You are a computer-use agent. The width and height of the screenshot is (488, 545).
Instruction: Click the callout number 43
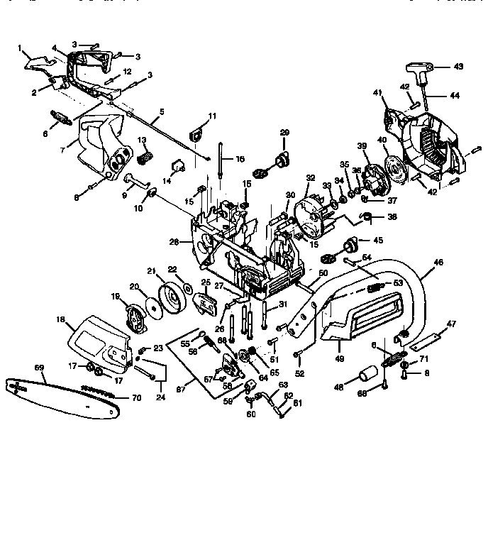[x=458, y=67]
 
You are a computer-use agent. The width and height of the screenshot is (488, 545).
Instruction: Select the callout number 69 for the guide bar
[x=39, y=368]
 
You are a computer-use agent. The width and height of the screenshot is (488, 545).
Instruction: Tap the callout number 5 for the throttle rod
[x=162, y=111]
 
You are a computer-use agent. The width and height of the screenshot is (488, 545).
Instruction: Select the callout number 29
[x=284, y=132]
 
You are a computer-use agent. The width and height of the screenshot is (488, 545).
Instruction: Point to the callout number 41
[x=378, y=92]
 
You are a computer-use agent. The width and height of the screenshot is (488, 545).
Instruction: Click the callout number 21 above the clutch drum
[x=151, y=270]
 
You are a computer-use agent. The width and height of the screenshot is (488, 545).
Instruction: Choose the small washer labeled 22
[x=187, y=288]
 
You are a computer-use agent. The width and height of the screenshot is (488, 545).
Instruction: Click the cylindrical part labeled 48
[x=368, y=373]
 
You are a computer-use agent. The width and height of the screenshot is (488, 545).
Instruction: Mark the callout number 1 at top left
[x=21, y=48]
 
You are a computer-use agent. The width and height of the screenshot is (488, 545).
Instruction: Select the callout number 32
[x=310, y=177]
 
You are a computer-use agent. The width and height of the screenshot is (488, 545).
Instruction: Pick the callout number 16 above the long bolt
[x=240, y=160]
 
